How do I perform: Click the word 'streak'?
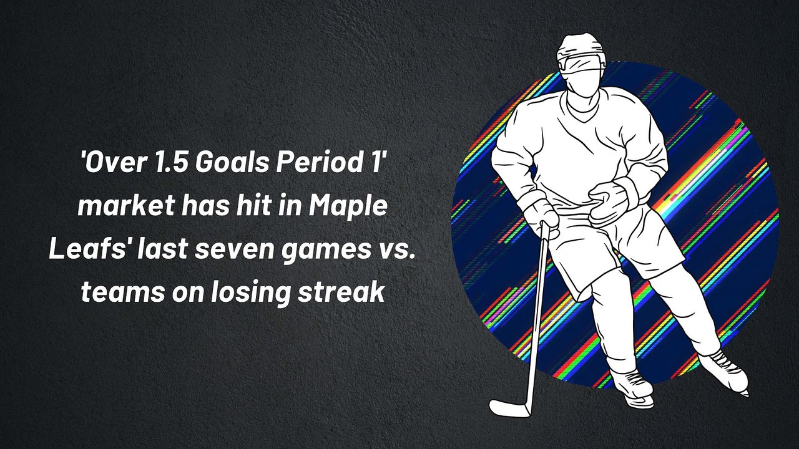point(341,292)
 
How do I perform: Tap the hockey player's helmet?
point(581,51)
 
